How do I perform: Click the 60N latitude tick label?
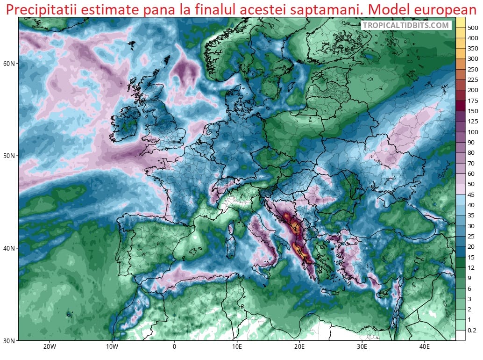(x=9, y=63)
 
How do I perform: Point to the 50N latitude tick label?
(x=9, y=155)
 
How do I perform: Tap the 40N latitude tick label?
(x=9, y=248)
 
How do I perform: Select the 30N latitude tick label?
(x=9, y=340)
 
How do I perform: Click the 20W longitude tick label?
(x=50, y=347)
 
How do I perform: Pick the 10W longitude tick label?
(x=112, y=347)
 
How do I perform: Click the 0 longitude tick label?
(x=174, y=347)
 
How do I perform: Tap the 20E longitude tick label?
(x=299, y=347)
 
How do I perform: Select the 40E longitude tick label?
(x=425, y=347)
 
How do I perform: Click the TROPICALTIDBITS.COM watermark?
(x=406, y=26)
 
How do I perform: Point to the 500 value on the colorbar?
(x=472, y=28)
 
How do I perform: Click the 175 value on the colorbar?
(x=472, y=101)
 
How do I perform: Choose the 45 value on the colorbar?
(x=472, y=194)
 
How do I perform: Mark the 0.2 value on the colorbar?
(x=472, y=330)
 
